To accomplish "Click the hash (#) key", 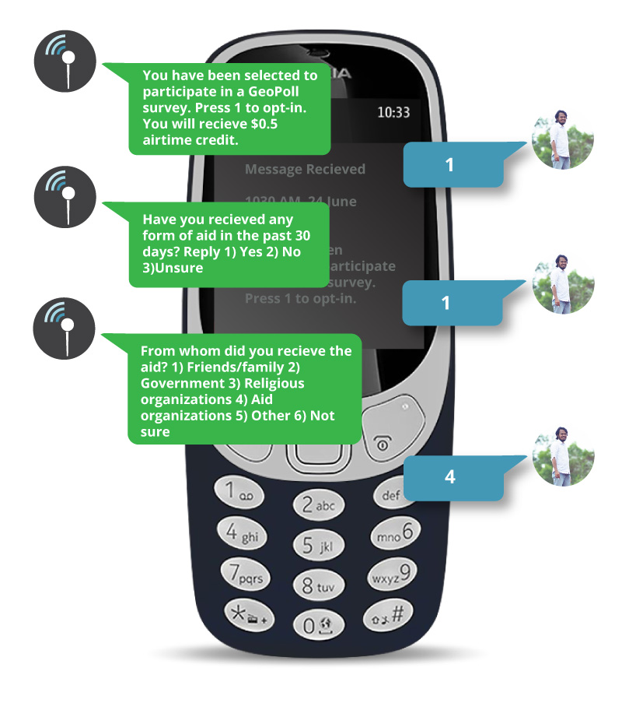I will click(386, 615).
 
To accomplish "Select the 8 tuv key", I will click(317, 584).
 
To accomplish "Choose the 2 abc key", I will click(317, 505).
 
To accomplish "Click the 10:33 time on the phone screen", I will click(393, 112).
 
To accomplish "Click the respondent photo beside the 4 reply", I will click(563, 455).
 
